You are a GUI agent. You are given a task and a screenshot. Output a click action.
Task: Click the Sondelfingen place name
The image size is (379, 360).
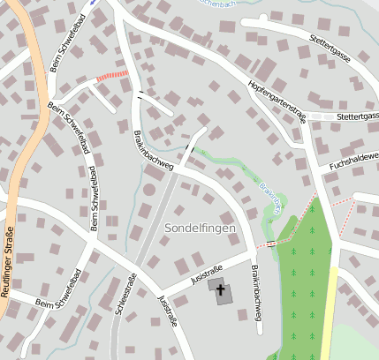point(200,229)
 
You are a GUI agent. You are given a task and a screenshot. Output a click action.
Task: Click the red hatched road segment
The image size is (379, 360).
point(112,76)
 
